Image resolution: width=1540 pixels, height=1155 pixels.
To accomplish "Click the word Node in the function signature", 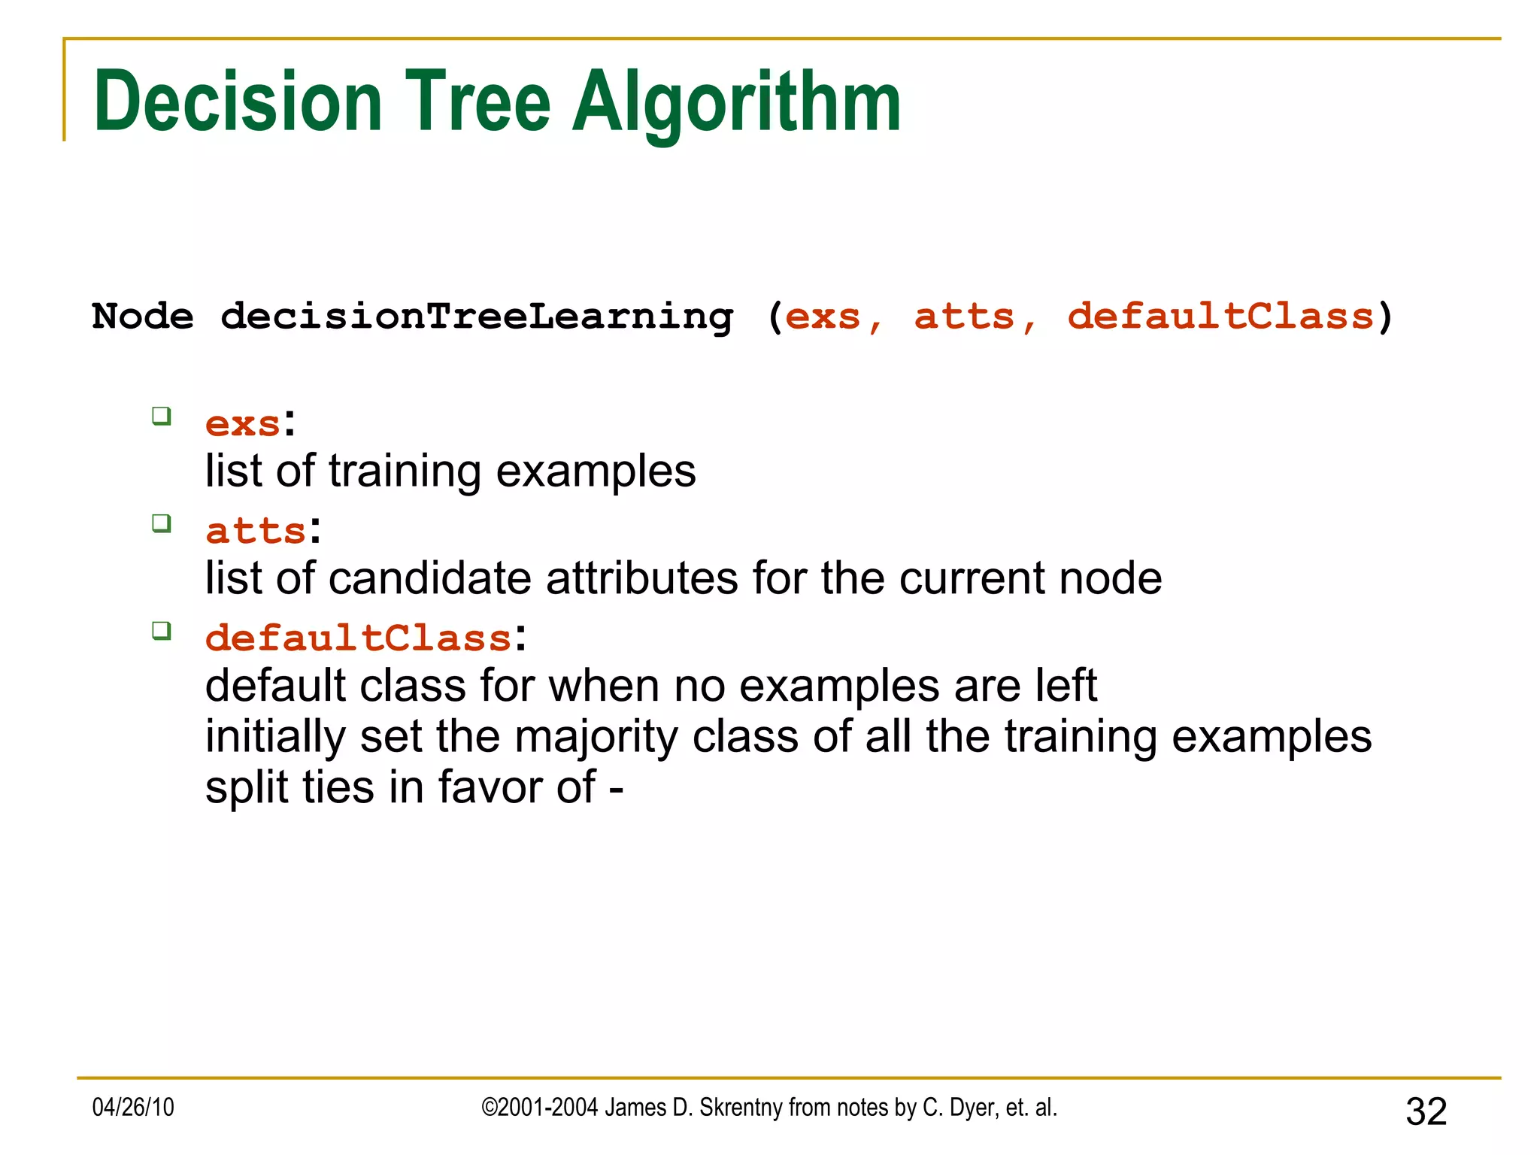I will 142,317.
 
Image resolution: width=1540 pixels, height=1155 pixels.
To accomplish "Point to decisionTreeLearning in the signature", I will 477,317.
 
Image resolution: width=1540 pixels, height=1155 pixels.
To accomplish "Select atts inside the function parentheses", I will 964,317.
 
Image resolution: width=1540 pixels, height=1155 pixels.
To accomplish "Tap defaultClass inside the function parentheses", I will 1220,317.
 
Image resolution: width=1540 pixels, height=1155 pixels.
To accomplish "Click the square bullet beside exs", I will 162,416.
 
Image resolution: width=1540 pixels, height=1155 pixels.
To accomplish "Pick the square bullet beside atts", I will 162,523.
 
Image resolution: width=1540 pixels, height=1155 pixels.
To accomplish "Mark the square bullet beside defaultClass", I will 162,630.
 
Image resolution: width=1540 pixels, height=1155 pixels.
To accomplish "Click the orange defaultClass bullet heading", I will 359,638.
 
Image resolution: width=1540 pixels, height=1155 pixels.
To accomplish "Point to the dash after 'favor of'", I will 616,790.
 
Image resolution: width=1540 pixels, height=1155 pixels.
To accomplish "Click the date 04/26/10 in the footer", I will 133,1108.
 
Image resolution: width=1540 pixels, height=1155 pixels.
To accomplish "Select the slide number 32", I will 1426,1111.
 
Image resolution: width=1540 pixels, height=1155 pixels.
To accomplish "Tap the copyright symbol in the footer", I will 489,1108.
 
